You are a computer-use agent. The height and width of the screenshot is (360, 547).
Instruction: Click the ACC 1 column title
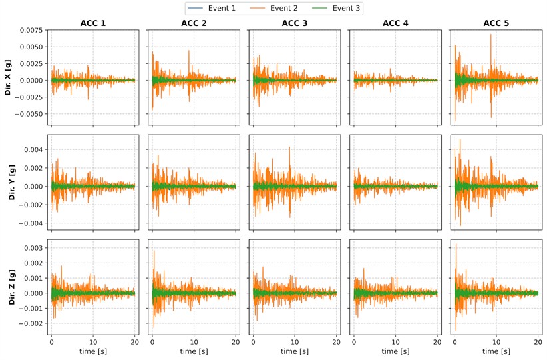pyautogui.click(x=92, y=24)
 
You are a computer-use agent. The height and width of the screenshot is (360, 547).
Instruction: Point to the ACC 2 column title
pyautogui.click(x=193, y=24)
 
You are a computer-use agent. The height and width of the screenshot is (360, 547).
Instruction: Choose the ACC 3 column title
pyautogui.click(x=294, y=24)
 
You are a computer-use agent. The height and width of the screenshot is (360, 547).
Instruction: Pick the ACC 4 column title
pyautogui.click(x=395, y=24)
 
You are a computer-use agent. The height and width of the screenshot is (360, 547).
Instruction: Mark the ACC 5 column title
pyautogui.click(x=496, y=24)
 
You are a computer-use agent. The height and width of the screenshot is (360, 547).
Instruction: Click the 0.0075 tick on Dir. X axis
pyautogui.click(x=30, y=31)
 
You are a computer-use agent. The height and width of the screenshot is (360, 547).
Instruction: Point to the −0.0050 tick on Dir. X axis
pyautogui.click(x=28, y=114)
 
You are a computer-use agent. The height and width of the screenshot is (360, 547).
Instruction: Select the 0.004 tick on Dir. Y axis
pyautogui.click(x=32, y=149)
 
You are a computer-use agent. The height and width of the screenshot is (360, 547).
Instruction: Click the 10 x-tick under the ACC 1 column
pyautogui.click(x=93, y=341)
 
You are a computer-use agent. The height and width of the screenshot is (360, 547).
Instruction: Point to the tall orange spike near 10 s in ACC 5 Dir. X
pyautogui.click(x=491, y=37)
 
